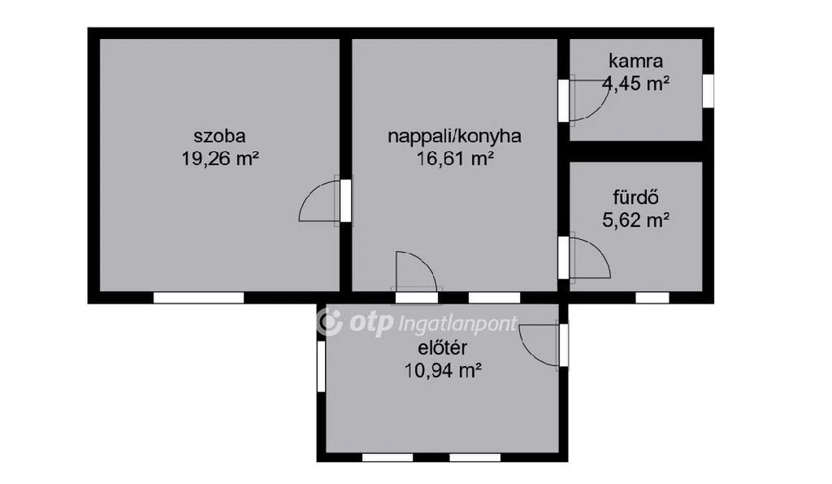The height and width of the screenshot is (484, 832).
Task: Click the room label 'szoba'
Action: coord(219,136)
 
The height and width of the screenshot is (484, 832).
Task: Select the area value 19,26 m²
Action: coord(219,158)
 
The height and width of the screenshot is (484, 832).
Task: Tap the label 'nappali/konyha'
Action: coord(454,136)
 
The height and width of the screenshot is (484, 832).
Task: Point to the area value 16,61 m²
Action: coord(454,158)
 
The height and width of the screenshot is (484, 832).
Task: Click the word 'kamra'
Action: coord(635,60)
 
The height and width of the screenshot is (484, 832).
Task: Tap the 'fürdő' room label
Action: coord(635,196)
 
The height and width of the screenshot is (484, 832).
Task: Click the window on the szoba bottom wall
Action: coord(198,298)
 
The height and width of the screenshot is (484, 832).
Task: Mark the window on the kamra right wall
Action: coord(708,89)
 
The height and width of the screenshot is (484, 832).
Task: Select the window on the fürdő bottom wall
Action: coord(652,298)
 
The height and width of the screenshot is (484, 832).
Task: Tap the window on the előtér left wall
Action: coord(322,366)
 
